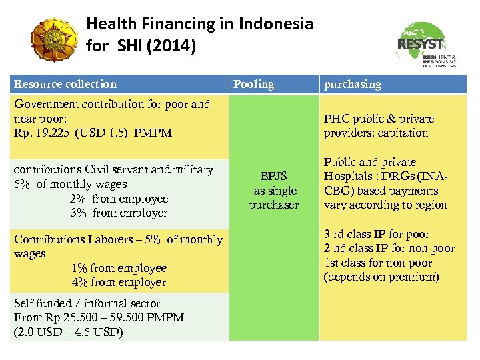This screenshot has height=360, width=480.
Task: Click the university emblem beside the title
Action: click(x=55, y=39)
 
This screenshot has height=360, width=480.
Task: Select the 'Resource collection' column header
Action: click(x=65, y=84)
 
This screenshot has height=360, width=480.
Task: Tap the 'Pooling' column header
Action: click(x=253, y=84)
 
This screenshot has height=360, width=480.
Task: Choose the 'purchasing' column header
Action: click(x=353, y=84)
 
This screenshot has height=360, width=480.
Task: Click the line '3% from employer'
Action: click(x=118, y=213)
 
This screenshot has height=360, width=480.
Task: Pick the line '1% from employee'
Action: click(x=119, y=268)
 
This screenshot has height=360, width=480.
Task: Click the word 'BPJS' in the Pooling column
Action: click(x=273, y=176)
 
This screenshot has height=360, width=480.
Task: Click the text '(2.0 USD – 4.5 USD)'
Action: click(x=68, y=331)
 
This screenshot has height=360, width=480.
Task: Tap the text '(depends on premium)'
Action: click(x=381, y=277)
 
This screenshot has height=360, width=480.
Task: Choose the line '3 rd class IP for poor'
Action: click(x=377, y=234)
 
